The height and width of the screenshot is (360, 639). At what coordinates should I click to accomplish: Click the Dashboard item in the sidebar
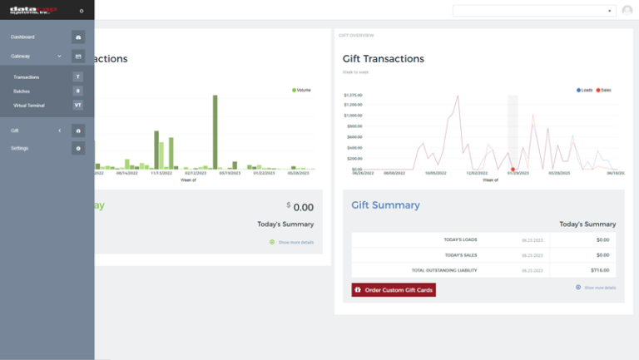[x=22, y=37]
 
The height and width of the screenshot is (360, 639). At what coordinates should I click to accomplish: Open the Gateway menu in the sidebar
[x=21, y=57]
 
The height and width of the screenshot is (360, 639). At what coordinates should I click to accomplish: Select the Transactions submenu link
[x=27, y=77]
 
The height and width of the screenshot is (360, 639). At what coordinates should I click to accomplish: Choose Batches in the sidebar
[x=22, y=91]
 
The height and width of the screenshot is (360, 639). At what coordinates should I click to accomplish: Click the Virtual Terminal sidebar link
[x=29, y=106]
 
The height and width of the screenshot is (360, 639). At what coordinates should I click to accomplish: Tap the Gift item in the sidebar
[x=15, y=131]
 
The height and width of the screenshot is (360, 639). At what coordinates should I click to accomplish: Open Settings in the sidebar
[x=19, y=148]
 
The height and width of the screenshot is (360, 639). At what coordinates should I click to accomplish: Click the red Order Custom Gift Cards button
[x=394, y=290]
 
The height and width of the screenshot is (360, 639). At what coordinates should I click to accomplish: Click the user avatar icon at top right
[x=627, y=11]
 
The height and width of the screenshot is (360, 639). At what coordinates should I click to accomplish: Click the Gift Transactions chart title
[x=384, y=59]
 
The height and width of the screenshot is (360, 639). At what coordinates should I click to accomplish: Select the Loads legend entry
[x=585, y=90]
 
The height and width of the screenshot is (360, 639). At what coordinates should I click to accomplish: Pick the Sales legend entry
[x=603, y=90]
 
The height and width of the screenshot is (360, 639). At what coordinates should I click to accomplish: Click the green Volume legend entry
[x=301, y=90]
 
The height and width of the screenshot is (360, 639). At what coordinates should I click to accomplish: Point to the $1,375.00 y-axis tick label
[x=353, y=95]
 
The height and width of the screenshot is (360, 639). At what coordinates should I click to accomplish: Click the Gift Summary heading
[x=385, y=205]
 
